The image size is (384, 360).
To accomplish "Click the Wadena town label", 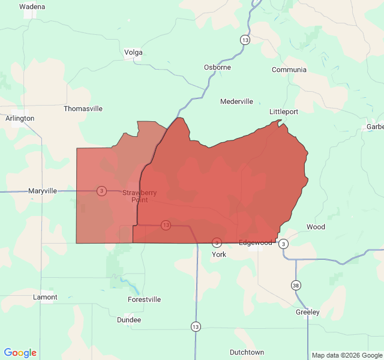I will tap(32, 7).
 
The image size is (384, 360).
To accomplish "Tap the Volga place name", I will tap(133, 52).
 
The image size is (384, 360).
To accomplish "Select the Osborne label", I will tap(217, 67).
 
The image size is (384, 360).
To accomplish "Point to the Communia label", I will tap(289, 70).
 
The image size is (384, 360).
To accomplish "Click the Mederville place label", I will tap(236, 101).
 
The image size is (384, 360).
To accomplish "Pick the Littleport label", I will tap(284, 112).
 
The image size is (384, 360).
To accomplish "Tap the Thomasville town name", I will tap(83, 109).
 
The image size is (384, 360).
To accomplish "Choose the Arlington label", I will tap(20, 118).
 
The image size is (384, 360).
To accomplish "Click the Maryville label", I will tap(43, 191).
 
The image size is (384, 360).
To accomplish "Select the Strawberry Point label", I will tap(139, 196).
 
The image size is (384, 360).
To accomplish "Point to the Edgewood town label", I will tap(256, 242).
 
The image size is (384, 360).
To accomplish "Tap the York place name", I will tap(218, 254).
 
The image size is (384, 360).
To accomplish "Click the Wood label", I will tap(316, 227).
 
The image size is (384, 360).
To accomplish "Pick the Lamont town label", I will tap(45, 297).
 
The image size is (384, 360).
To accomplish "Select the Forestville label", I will tap(145, 299).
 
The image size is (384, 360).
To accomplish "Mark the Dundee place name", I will tap(129, 320).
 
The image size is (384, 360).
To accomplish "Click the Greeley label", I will tap(308, 312).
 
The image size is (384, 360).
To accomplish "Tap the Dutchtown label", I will tap(247, 352).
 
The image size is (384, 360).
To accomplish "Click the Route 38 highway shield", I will tap(296, 284).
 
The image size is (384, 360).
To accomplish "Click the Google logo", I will tap(20, 353).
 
